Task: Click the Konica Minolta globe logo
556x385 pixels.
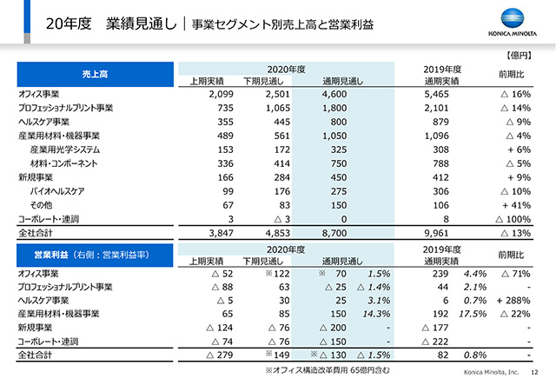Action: [513, 18]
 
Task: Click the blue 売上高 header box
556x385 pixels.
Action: [96, 74]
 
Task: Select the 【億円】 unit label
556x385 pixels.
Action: [519, 56]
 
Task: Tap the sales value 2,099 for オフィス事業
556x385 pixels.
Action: [221, 94]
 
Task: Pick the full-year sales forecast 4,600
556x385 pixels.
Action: [334, 94]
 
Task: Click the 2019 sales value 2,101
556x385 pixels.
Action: [436, 108]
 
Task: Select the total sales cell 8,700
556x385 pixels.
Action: [334, 233]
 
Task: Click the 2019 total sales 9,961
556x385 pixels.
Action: [436, 233]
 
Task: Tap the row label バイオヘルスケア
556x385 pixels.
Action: [57, 191]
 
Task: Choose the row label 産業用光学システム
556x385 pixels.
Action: [65, 149]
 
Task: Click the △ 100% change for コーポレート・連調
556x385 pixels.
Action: [513, 219]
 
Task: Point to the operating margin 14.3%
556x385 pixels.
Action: [376, 314]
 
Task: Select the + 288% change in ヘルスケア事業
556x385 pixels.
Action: [513, 301]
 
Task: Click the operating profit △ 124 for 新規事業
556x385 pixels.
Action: [220, 328]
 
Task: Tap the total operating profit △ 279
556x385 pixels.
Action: [220, 355]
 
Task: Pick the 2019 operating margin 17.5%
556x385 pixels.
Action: [473, 314]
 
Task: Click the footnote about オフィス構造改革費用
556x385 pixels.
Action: [328, 370]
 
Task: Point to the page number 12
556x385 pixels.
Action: [534, 372]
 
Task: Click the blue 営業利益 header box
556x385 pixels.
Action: [95, 256]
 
